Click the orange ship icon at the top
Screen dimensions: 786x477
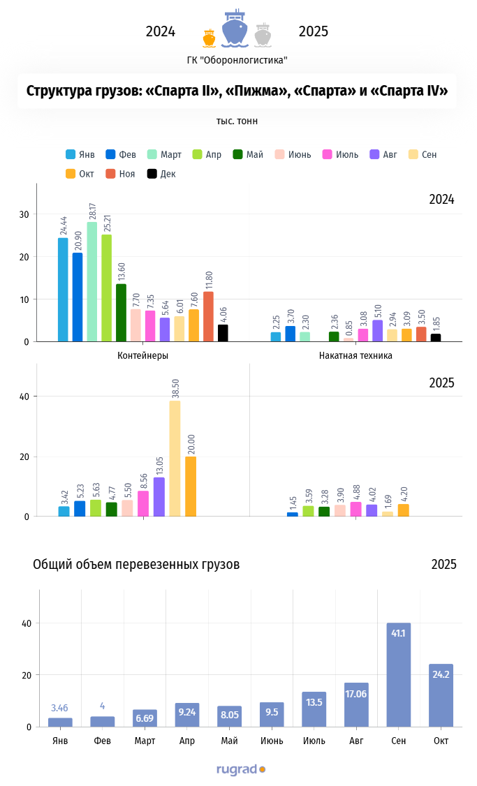point(208,38)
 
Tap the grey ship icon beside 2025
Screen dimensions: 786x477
point(263,36)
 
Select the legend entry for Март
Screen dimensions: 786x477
point(165,154)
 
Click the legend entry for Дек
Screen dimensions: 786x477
point(161,174)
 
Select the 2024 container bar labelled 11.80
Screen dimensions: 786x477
point(208,316)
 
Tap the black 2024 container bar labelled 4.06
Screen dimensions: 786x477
point(223,333)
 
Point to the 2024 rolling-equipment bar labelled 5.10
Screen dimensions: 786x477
point(377,331)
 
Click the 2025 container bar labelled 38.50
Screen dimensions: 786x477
point(175,458)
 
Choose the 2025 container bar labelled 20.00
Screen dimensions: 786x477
point(190,486)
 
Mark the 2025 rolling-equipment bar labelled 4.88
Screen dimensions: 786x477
point(356,509)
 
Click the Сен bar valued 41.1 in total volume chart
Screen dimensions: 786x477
point(399,674)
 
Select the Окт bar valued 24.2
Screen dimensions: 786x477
point(441,695)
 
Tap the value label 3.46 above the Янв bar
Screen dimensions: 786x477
point(60,709)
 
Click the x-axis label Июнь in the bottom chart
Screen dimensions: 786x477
point(272,740)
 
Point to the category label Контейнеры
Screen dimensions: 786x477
point(143,355)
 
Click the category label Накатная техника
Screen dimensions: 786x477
point(355,355)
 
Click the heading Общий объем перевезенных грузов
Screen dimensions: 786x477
point(136,564)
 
